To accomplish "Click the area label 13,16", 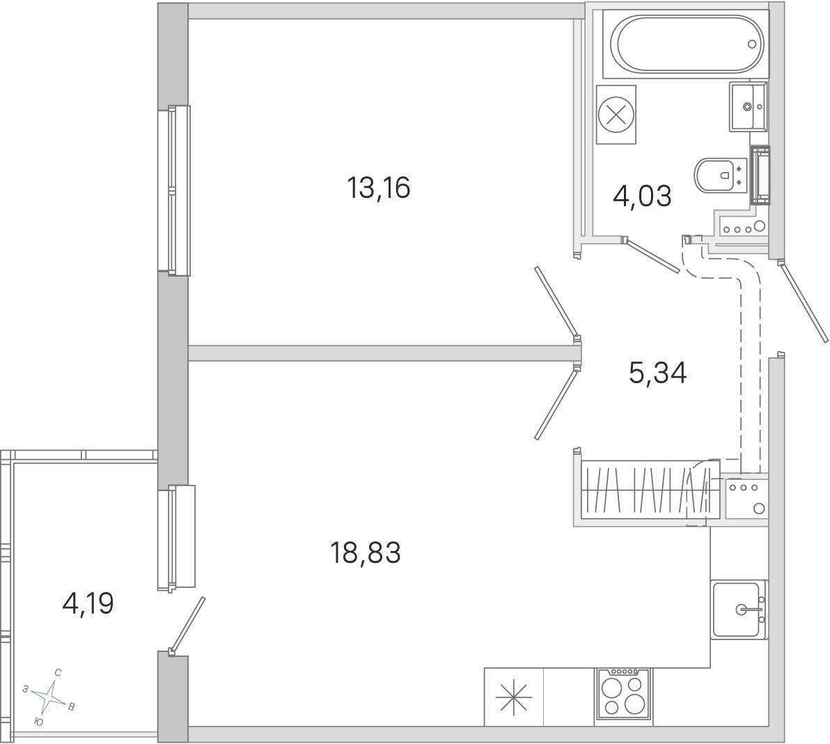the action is coord(379,188).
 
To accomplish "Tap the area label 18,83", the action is coord(366,553).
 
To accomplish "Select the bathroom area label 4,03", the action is coord(642,196).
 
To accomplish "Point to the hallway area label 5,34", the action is coord(657,373).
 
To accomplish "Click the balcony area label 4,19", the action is coord(88,604).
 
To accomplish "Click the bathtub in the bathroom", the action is coord(688,44).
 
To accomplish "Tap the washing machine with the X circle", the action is coord(616,114).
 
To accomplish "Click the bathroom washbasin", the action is coord(747,106).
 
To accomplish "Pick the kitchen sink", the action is coord(739,610).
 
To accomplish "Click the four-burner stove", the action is coord(623,694).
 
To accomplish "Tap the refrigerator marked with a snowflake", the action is coord(514,697).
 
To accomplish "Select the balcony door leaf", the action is coord(187,625).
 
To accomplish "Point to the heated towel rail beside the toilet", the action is coord(760,176).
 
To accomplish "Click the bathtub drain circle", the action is coord(752,45).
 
